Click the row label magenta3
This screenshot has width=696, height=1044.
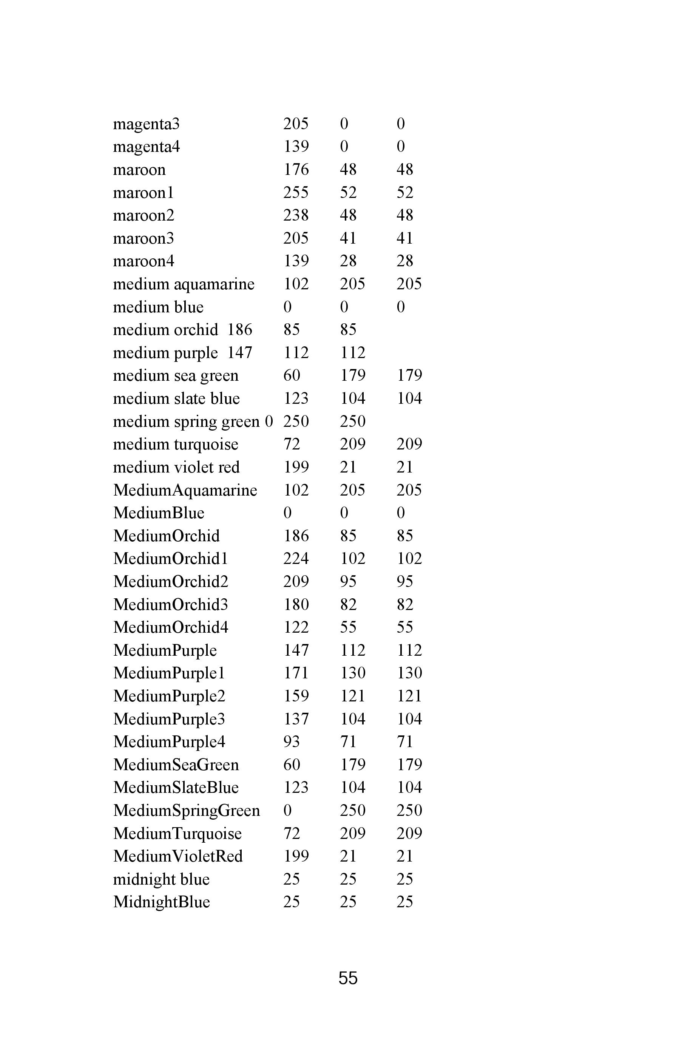click(146, 124)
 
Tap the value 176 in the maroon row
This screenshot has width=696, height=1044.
click(296, 170)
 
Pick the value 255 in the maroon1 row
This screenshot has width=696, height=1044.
click(296, 193)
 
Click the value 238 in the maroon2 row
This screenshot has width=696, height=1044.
click(296, 215)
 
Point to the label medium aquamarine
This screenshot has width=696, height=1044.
click(183, 284)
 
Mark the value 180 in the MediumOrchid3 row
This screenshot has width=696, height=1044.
click(296, 605)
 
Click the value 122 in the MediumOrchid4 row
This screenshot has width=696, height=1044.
click(296, 628)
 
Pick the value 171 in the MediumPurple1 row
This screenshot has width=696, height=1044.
click(296, 673)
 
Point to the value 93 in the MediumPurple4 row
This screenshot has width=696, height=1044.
click(291, 742)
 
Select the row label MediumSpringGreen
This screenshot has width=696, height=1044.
click(187, 811)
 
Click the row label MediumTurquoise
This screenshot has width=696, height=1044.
click(177, 834)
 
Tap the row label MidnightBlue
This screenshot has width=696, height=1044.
click(161, 902)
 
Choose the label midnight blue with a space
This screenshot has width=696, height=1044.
click(161, 879)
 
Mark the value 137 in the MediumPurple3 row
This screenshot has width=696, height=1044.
click(296, 719)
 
